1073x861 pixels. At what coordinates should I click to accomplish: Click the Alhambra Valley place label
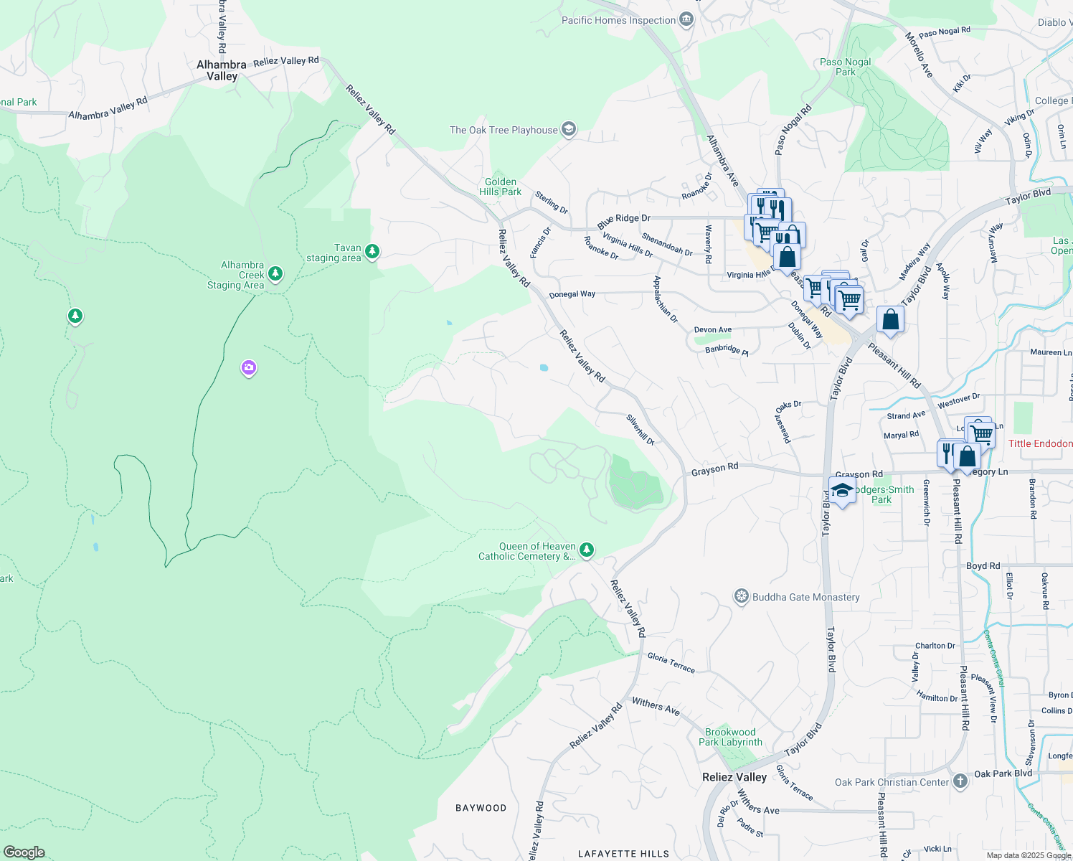[x=222, y=70]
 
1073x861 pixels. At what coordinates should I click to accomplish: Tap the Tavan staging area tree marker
[x=372, y=251]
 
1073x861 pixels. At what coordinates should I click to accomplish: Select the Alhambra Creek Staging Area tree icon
[x=275, y=273]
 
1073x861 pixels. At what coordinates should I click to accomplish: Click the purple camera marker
[x=249, y=368]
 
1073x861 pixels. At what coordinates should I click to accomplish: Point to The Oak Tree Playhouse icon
[x=569, y=129]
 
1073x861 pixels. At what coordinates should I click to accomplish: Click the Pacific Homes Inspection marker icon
[x=686, y=19]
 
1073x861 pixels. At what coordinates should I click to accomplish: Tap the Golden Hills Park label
[x=500, y=187]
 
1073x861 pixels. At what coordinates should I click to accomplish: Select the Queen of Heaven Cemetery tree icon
[x=587, y=550]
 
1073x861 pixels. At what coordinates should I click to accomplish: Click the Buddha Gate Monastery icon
[x=742, y=597]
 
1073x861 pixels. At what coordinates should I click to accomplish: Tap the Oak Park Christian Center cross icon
[x=960, y=782]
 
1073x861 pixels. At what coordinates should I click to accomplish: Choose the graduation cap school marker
[x=842, y=491]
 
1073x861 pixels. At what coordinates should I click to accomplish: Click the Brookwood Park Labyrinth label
[x=730, y=737]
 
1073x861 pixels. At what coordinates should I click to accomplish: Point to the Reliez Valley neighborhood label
[x=734, y=777]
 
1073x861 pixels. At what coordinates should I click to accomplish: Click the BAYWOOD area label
[x=481, y=808]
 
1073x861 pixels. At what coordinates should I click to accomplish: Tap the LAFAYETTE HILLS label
[x=623, y=854]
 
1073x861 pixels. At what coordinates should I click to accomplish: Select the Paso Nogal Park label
[x=846, y=67]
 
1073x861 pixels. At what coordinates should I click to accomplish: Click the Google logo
[x=24, y=852]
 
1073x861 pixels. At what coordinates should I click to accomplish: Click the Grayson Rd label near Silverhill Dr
[x=714, y=469]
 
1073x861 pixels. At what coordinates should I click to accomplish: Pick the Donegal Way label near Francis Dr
[x=572, y=294]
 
